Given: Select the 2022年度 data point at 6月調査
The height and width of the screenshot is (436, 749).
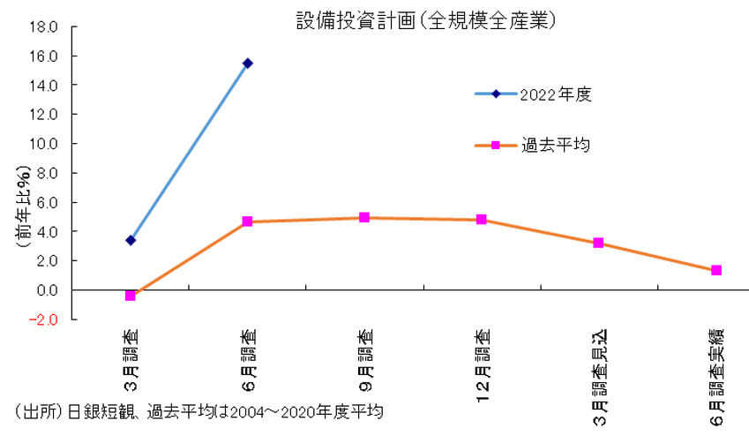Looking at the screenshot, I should click(x=248, y=64).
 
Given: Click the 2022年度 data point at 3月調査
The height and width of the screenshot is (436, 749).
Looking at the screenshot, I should click(x=131, y=240).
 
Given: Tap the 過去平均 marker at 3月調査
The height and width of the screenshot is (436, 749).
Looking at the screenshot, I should click(x=131, y=296).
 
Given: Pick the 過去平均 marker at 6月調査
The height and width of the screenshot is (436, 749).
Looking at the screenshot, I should click(x=248, y=222).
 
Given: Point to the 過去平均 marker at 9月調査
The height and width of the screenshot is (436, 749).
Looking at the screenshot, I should click(x=364, y=217).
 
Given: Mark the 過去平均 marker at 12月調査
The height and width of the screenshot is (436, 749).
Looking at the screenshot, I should click(x=482, y=220).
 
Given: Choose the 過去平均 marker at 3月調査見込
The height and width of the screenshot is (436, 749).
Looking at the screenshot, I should click(x=598, y=243).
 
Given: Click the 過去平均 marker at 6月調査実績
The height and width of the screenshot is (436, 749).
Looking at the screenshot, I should click(x=716, y=270).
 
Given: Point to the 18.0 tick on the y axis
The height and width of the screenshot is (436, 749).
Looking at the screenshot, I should click(x=43, y=26).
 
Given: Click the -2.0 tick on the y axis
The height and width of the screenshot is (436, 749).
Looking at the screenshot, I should click(x=43, y=319).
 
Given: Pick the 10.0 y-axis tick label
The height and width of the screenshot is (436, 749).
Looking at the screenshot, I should click(x=43, y=144).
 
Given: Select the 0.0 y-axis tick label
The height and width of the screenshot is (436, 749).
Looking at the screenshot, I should click(x=46, y=290).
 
